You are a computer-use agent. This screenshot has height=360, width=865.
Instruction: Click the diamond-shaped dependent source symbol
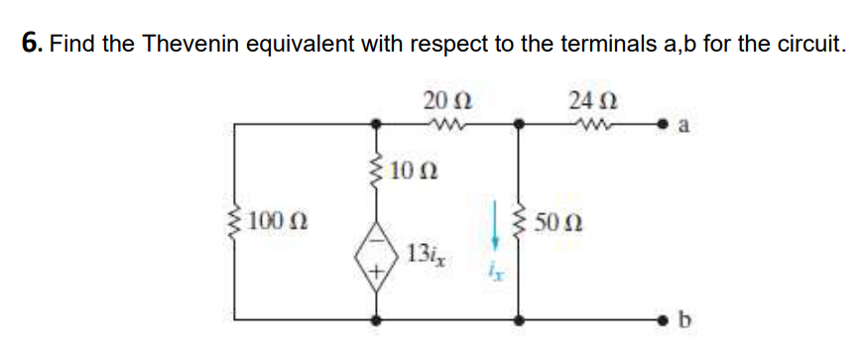point(377,262)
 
